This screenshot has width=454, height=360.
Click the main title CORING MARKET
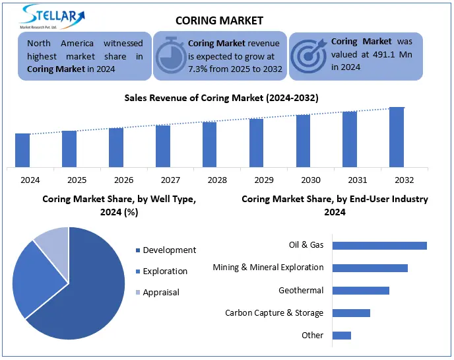pyautogui.click(x=220, y=20)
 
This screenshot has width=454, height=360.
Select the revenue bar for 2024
pyautogui.click(x=22, y=150)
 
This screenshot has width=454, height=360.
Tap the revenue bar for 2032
pyautogui.click(x=397, y=137)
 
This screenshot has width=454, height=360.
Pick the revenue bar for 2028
pyautogui.click(x=209, y=144)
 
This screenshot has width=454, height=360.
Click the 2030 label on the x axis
pyautogui.click(x=303, y=180)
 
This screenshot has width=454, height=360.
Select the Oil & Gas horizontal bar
pyautogui.click(x=379, y=246)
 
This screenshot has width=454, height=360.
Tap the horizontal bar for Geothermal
pyautogui.click(x=360, y=291)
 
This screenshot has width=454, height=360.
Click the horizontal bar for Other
pyautogui.click(x=341, y=336)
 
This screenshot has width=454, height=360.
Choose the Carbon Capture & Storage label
pyautogui.click(x=274, y=313)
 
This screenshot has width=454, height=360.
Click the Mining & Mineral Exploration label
pyautogui.click(x=268, y=268)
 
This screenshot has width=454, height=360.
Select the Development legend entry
pyautogui.click(x=169, y=250)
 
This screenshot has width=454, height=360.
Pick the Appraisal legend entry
pyautogui.click(x=160, y=292)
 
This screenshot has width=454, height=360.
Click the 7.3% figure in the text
pyautogui.click(x=196, y=68)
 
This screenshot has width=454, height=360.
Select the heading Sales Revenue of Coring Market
pyautogui.click(x=222, y=98)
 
